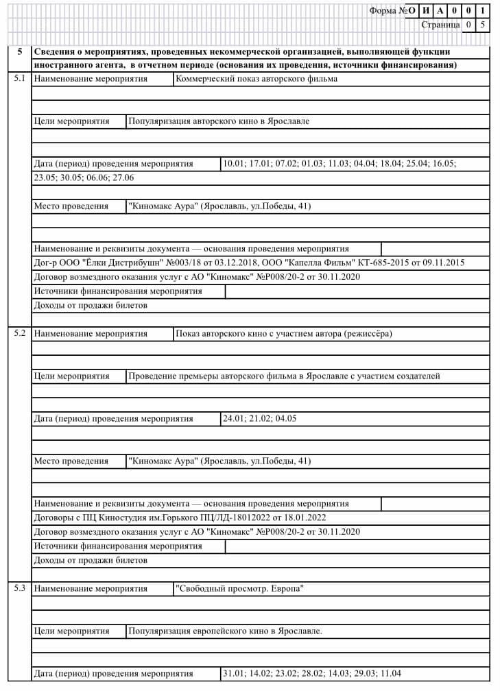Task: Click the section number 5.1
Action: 19,78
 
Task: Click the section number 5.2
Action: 19,333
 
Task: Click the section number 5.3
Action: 19,588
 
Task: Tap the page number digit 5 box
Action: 483,25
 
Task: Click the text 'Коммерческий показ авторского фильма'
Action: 257,79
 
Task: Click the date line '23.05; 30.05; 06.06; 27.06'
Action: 84,178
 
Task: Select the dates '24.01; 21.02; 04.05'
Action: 259,418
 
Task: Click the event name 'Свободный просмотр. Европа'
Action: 239,589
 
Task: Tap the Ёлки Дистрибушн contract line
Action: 249,263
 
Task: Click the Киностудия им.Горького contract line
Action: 180,518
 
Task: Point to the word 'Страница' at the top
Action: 440,25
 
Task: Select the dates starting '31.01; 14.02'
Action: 312,673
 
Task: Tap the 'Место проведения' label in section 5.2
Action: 71,461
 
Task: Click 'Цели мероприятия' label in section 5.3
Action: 72,631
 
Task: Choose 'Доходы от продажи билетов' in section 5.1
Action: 91,305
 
